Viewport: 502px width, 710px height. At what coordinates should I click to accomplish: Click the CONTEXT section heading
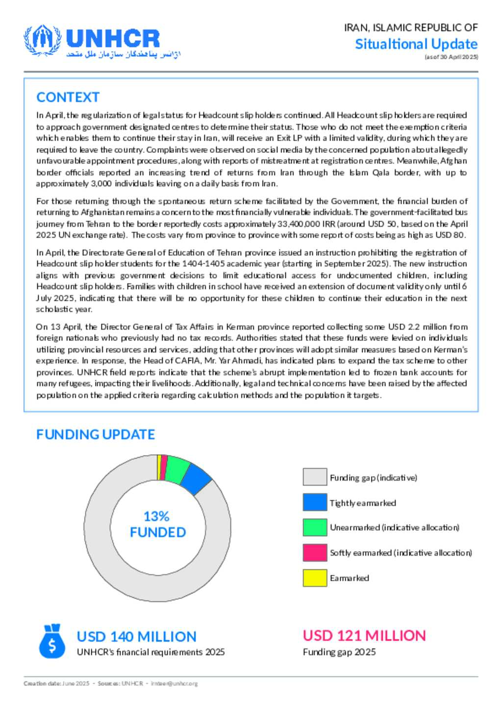pyautogui.click(x=68, y=98)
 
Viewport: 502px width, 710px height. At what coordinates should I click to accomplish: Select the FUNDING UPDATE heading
pyautogui.click(x=96, y=435)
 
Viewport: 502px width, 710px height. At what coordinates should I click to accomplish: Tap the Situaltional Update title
pyautogui.click(x=416, y=44)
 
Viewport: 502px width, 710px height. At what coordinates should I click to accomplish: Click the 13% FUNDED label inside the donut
pyautogui.click(x=157, y=524)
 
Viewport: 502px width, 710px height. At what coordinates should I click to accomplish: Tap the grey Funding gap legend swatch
pyautogui.click(x=315, y=477)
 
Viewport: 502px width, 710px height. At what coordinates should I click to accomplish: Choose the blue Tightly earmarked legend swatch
pyautogui.click(x=315, y=502)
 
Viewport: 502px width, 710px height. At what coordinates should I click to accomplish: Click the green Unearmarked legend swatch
pyautogui.click(x=315, y=527)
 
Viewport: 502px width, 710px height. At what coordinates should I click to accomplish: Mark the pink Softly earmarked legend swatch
pyautogui.click(x=315, y=552)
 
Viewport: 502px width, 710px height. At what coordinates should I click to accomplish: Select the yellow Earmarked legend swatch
pyautogui.click(x=315, y=578)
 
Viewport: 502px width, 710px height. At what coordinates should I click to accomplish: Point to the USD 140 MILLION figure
pyautogui.click(x=136, y=637)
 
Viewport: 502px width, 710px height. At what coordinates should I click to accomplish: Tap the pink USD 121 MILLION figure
pyautogui.click(x=364, y=636)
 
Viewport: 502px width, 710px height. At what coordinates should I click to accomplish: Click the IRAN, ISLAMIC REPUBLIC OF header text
pyautogui.click(x=411, y=27)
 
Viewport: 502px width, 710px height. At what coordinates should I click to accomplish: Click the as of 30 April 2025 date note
pyautogui.click(x=451, y=57)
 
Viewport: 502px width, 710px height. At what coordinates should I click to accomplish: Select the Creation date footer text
pyautogui.click(x=56, y=684)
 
